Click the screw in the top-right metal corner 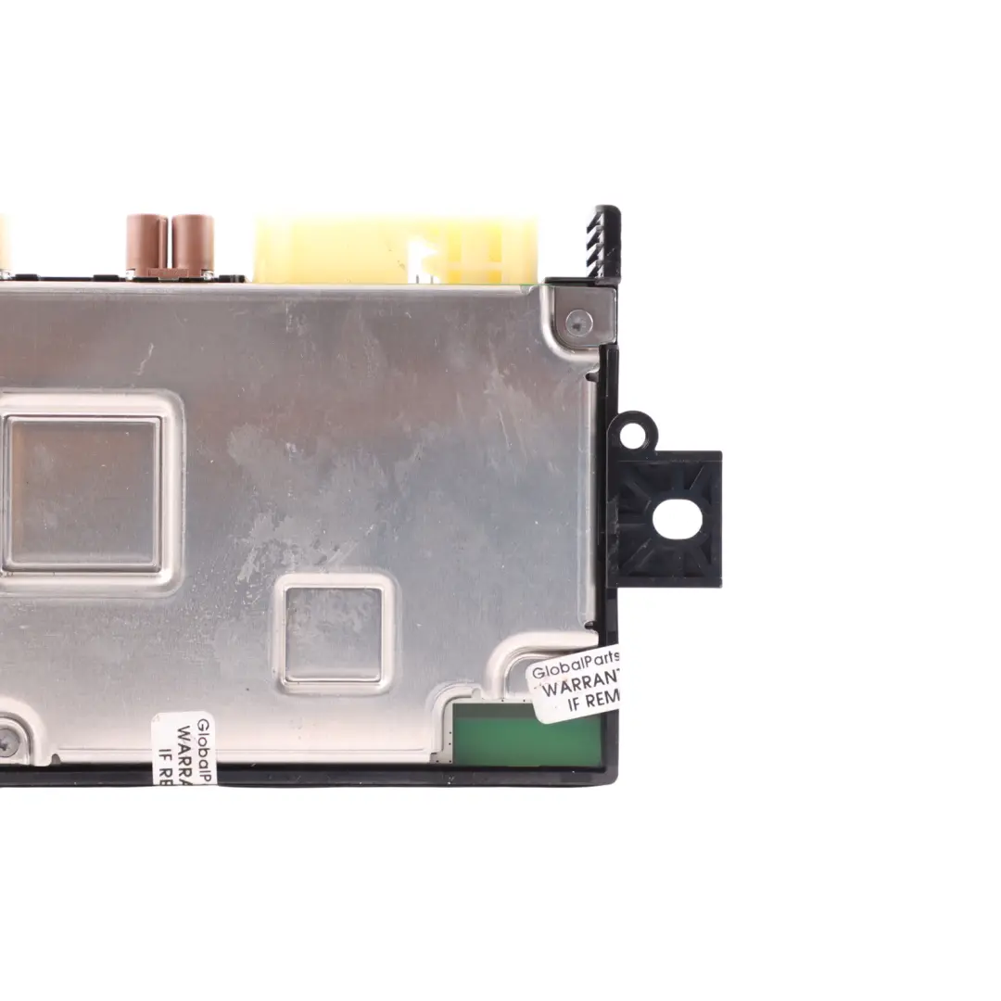(579, 323)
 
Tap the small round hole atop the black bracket (632, 435)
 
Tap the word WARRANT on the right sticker (579, 688)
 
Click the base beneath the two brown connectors (171, 273)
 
